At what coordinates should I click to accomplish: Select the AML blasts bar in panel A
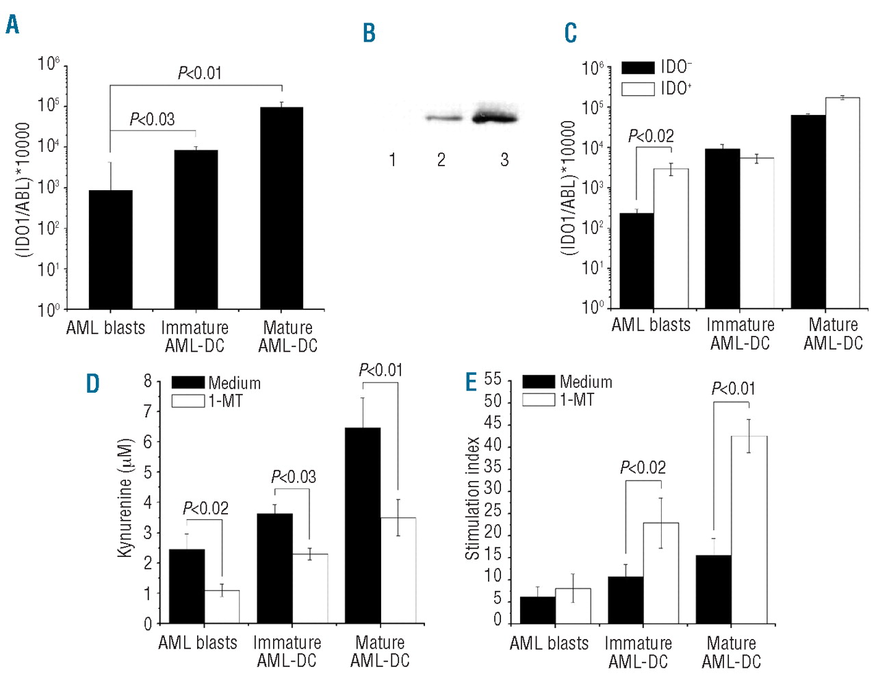[110, 250]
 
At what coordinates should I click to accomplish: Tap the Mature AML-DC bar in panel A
[282, 208]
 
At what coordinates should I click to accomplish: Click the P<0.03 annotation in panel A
[152, 120]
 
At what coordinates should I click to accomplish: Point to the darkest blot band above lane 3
[494, 118]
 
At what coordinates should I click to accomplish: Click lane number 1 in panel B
[392, 160]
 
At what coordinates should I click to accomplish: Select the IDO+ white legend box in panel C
[638, 89]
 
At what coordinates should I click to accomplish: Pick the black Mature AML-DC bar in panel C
[808, 211]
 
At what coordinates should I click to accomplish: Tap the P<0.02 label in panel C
[651, 136]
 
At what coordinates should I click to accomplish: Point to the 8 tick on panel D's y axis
[148, 381]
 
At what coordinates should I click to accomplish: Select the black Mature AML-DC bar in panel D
[363, 525]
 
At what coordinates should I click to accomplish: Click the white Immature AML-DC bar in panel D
[310, 588]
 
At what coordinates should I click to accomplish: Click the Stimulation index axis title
[472, 498]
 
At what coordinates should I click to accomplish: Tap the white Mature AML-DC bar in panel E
[749, 530]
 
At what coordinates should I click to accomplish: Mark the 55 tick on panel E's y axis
[493, 380]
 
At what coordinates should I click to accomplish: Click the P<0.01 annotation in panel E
[733, 389]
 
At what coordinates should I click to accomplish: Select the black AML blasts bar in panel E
[538, 610]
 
